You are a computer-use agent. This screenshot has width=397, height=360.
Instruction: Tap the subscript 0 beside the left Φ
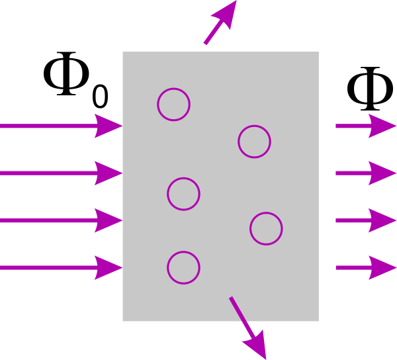99,97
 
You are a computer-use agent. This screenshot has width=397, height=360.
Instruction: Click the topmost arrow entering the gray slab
60,125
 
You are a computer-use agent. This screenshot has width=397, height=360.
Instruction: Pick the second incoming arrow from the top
60,173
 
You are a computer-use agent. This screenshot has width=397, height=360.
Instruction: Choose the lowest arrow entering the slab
60,268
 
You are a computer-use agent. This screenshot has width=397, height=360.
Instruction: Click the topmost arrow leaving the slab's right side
364,125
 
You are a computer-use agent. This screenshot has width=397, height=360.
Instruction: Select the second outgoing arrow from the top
364,173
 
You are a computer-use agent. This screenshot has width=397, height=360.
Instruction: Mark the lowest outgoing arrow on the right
364,268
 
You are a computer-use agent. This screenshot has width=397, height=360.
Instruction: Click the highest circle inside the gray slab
173,104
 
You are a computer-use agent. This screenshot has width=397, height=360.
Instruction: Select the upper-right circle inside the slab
254,141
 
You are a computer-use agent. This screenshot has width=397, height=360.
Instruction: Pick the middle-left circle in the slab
183,194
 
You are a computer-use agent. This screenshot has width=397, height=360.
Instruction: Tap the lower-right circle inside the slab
266,228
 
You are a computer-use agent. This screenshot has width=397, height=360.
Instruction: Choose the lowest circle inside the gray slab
183,268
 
